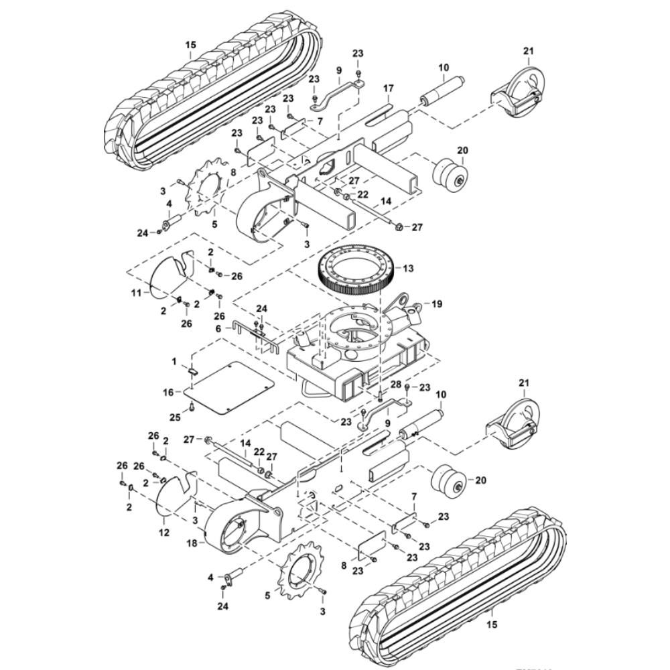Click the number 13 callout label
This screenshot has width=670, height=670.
point(408,268)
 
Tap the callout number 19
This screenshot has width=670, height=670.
point(438,304)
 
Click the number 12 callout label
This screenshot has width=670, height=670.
point(164,532)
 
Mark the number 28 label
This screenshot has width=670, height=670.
point(396,384)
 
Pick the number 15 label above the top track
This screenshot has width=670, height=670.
point(191,45)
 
